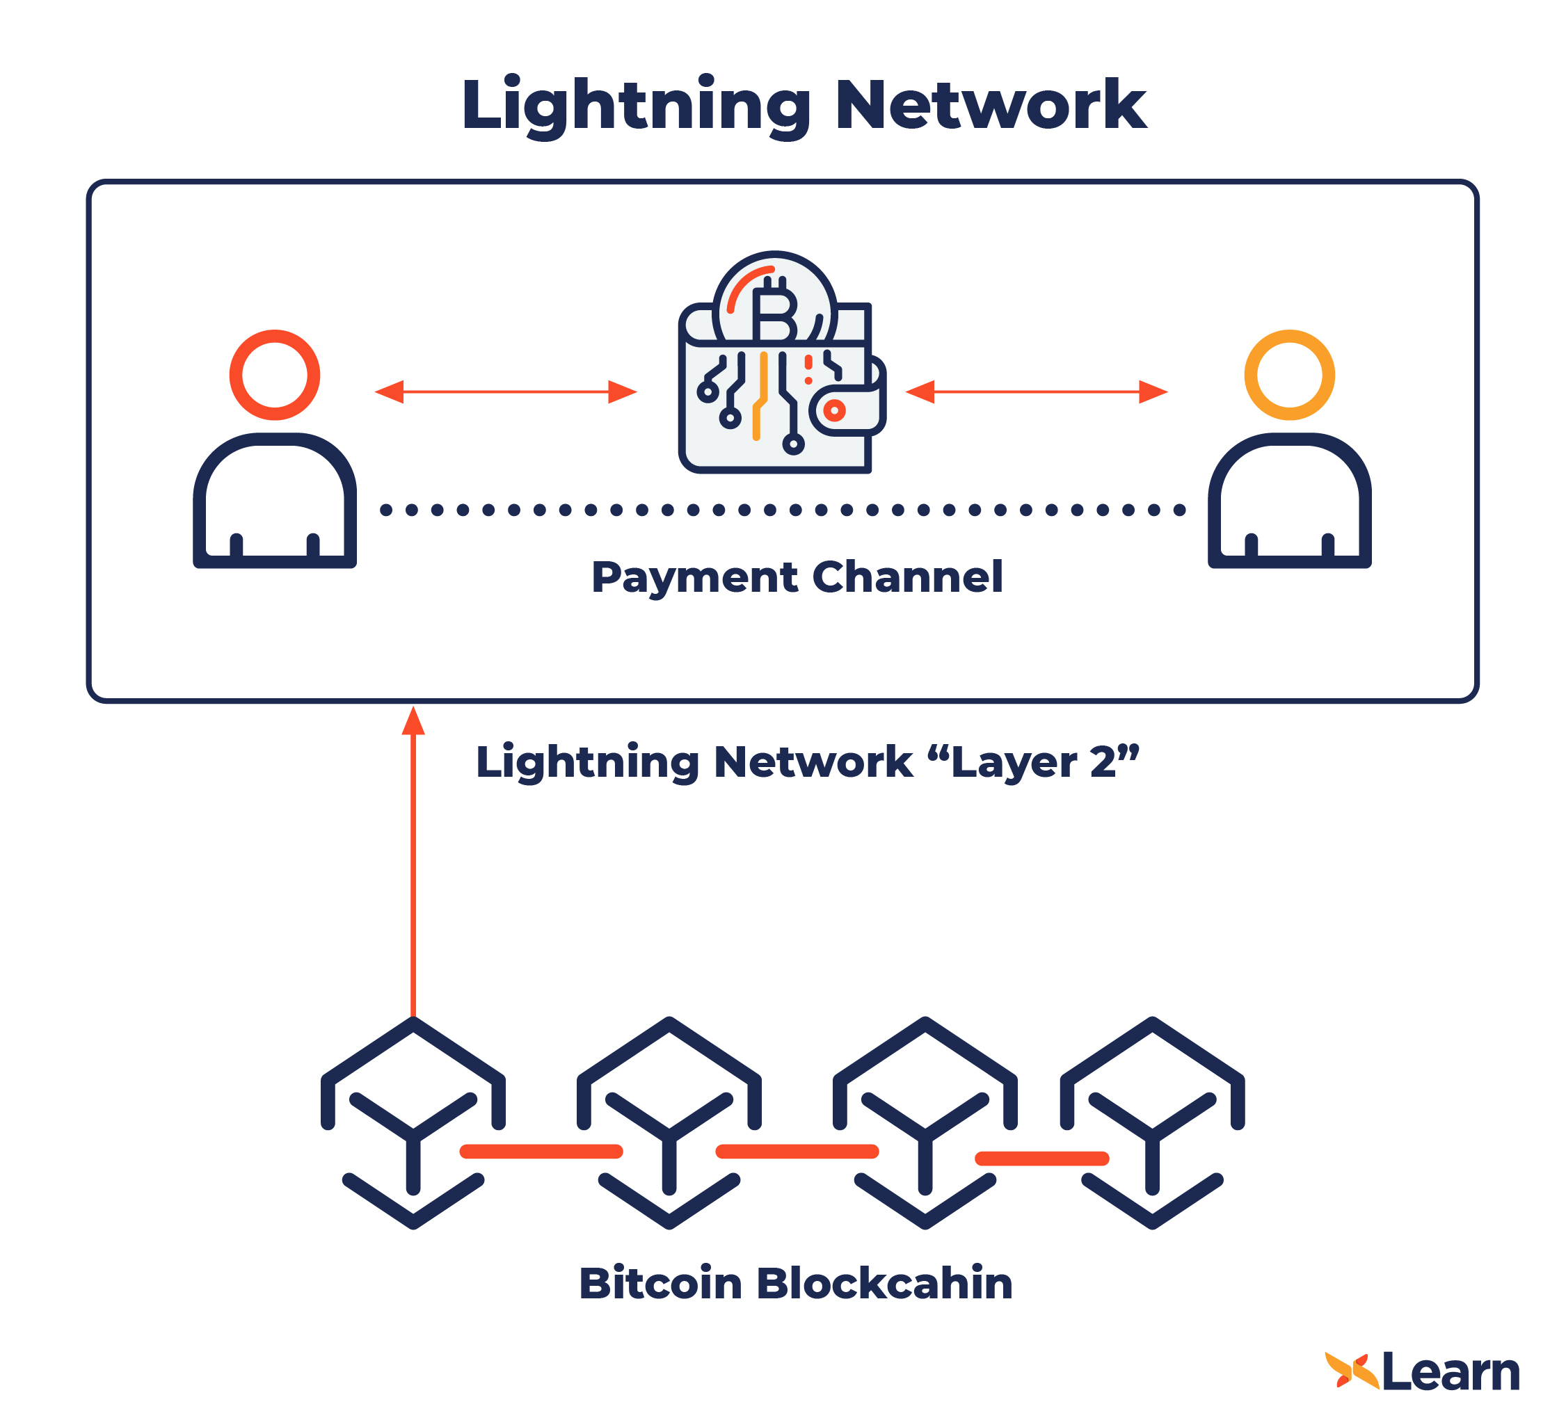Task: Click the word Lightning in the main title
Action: pyautogui.click(x=636, y=106)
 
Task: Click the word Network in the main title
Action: pyautogui.click(x=991, y=106)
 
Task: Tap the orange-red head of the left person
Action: pyautogui.click(x=275, y=376)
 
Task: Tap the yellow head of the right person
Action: pyautogui.click(x=1289, y=376)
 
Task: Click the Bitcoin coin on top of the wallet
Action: pyautogui.click(x=774, y=303)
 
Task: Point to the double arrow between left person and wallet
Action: pyautogui.click(x=506, y=392)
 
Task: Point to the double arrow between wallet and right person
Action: pyautogui.click(x=1037, y=392)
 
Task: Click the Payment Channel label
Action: pyautogui.click(x=797, y=578)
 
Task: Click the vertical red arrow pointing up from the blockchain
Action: pyautogui.click(x=413, y=860)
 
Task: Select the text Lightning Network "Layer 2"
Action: pyautogui.click(x=807, y=763)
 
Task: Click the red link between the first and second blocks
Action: pyautogui.click(x=541, y=1152)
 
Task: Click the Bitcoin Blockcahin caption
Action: pyautogui.click(x=796, y=1284)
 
